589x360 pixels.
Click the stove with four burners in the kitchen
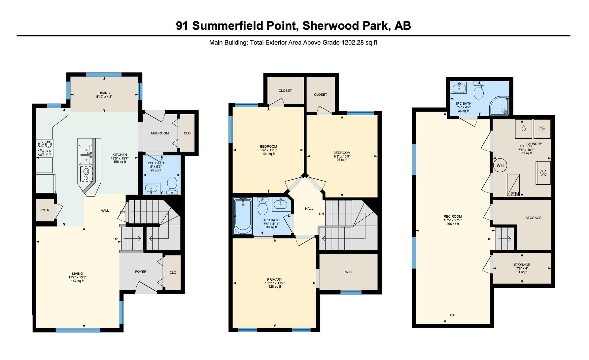(45, 149)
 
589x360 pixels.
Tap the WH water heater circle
(500, 165)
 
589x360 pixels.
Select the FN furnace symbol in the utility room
(513, 185)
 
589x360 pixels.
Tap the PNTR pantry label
(45, 210)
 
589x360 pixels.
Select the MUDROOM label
(160, 133)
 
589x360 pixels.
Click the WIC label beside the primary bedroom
(348, 272)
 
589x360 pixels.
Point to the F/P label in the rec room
(452, 316)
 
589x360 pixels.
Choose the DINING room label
(104, 93)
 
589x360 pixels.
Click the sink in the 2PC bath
(152, 189)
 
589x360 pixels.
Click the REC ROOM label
(453, 217)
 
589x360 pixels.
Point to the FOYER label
(141, 272)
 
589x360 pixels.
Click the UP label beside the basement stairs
(489, 239)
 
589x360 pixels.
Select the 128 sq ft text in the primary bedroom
(275, 287)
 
